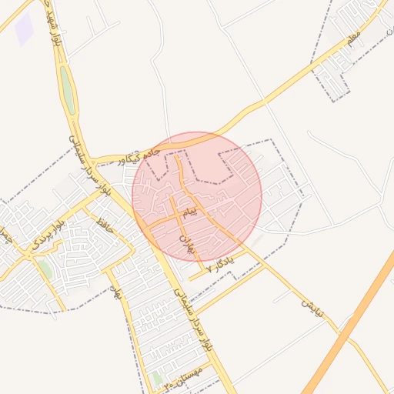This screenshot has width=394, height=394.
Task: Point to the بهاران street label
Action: [189, 245]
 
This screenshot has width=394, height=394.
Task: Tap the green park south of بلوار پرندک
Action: [45, 269]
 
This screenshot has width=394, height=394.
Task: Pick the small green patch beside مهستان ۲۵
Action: [157, 379]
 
